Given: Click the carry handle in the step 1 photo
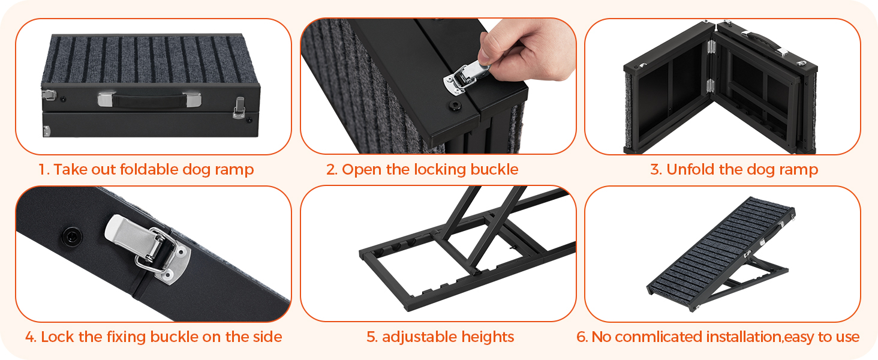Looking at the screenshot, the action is coord(149,100).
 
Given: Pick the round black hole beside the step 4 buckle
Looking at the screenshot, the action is coord(72,236).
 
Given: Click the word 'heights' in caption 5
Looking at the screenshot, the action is coord(488,337).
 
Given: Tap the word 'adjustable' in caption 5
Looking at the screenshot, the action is coord(419,337).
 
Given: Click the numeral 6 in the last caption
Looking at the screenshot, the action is coord(581,337).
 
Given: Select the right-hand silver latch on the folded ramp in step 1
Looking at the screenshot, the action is coord(239,107).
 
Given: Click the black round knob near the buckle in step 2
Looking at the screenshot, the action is coord(455,105).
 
